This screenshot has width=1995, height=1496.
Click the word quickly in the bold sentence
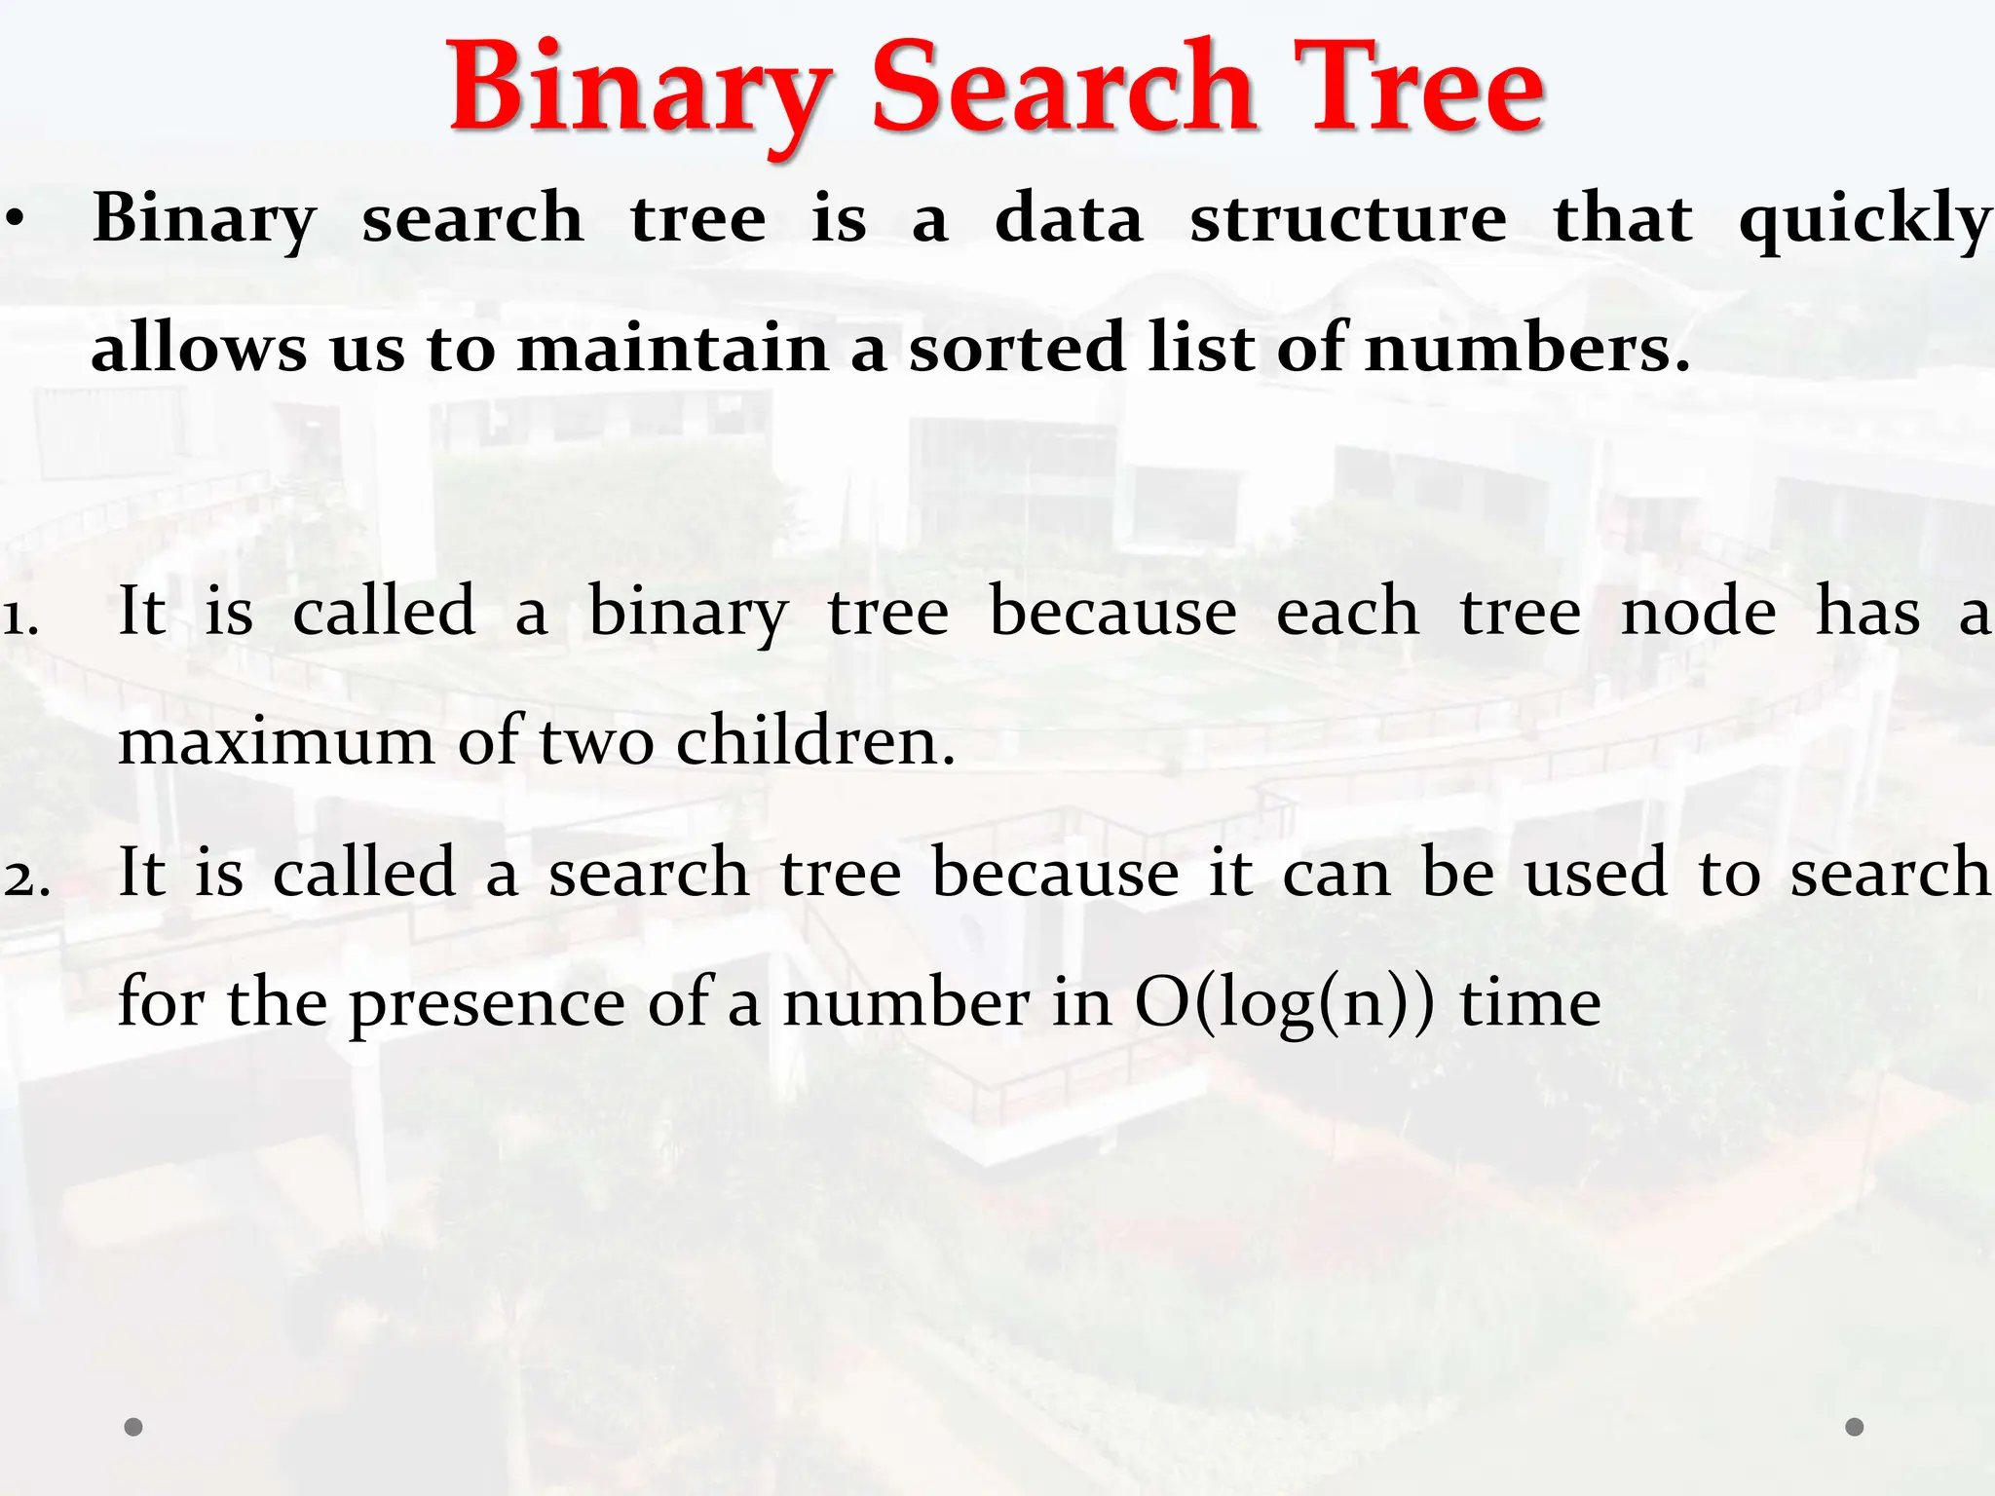click(1864, 220)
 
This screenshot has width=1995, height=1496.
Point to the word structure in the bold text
click(1348, 220)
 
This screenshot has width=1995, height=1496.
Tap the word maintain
click(671, 349)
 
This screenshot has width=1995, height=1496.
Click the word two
click(596, 743)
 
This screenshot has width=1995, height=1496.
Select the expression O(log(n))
click(1285, 1004)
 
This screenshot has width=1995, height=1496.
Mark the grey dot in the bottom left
click(133, 1427)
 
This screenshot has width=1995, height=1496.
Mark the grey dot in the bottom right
click(1855, 1427)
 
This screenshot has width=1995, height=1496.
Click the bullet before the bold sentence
click(14, 220)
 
